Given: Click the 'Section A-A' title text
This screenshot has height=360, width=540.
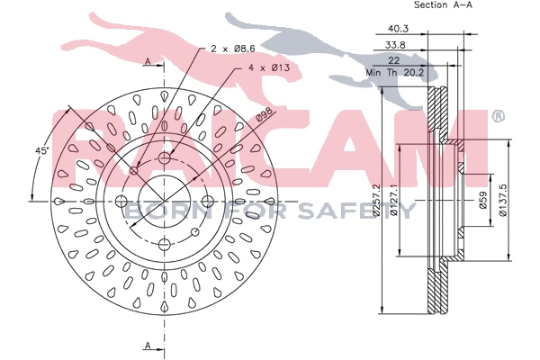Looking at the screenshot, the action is [x=443, y=4].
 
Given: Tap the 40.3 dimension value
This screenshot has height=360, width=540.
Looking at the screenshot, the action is [x=398, y=28].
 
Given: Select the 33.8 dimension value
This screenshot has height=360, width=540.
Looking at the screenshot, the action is [x=395, y=44].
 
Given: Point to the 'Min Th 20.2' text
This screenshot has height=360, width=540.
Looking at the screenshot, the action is [x=395, y=73].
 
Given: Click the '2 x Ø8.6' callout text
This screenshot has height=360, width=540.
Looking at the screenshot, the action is [x=233, y=49].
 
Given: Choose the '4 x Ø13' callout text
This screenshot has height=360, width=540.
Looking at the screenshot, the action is [x=269, y=67].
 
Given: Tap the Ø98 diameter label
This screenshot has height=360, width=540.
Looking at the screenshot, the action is [x=265, y=115].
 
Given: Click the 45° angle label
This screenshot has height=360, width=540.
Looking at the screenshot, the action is [x=42, y=150].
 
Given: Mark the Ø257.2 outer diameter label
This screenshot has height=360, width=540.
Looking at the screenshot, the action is [x=376, y=200].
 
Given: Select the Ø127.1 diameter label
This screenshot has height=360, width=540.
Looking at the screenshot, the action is [x=394, y=200].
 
